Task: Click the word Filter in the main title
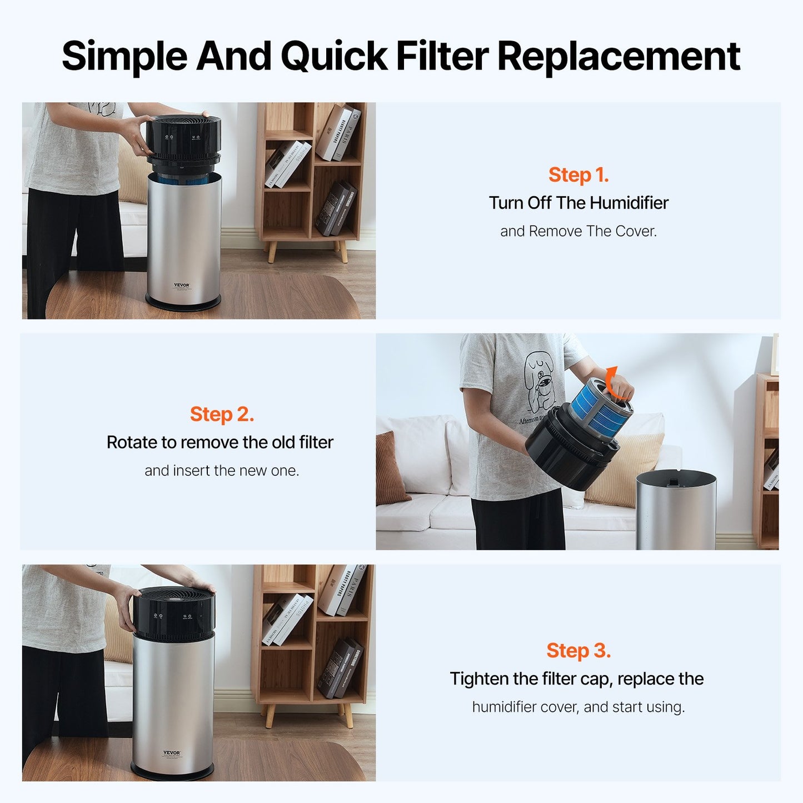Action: point(442,56)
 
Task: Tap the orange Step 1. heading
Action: point(578,175)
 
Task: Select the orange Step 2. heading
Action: point(222,415)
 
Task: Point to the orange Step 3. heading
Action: point(578,651)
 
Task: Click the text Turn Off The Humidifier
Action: point(578,203)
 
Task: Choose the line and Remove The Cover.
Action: point(578,231)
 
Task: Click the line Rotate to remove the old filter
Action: point(220,442)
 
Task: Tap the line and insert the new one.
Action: point(222,471)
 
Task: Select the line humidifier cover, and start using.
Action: point(578,707)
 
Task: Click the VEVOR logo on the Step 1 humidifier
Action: point(182,285)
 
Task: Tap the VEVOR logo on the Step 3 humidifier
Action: point(172,753)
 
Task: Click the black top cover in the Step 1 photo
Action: point(183,136)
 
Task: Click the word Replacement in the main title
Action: point(619,56)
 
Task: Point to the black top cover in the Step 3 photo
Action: point(174,611)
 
